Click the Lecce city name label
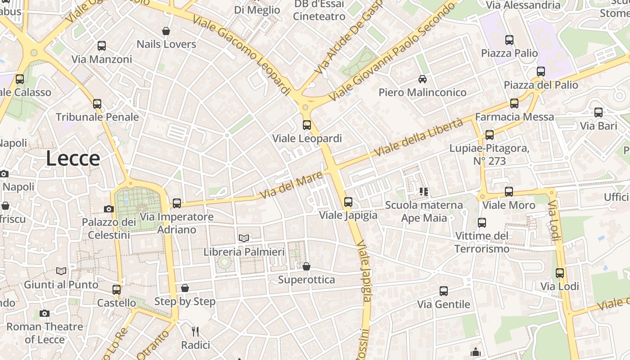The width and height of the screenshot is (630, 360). pos(73,158)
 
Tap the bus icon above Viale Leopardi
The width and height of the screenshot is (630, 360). pos(307,125)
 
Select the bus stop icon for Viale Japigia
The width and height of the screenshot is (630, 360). pos(348,202)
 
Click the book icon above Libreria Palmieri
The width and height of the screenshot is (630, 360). pos(244,238)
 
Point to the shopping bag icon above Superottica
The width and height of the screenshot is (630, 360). pos(306,266)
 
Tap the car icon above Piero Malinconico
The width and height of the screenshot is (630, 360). pos(423,79)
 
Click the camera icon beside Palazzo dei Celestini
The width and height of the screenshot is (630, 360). pos(109,209)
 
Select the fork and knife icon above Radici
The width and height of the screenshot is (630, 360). pos(195,332)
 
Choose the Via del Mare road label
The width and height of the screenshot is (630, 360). pos(292,185)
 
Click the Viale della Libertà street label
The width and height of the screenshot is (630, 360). pos(418,138)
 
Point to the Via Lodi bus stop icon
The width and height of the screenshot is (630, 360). pos(560,273)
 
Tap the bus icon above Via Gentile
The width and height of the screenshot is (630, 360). pos(444,291)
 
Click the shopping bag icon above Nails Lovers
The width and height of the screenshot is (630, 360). pos(166,31)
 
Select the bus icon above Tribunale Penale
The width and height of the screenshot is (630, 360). pos(97,104)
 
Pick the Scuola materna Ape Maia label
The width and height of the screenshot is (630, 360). pos(424,211)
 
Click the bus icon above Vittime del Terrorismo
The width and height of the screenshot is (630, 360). pos(482,222)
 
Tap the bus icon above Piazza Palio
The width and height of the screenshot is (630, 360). pos(509,40)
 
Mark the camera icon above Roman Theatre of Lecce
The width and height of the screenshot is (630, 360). pos(44,313)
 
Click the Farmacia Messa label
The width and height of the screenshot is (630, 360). pos(515,117)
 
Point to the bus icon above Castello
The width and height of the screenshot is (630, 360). pos(117,289)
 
